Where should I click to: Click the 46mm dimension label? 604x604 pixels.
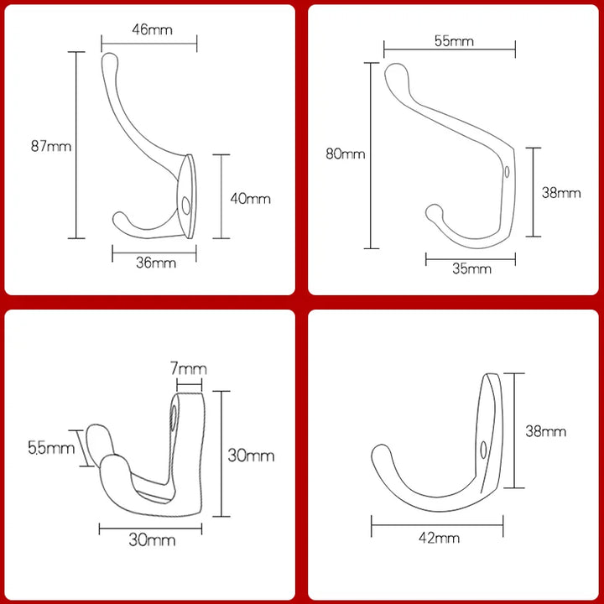pos(152,29)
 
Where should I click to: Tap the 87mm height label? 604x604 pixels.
pos(50,146)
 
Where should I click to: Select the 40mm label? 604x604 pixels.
pos(251,199)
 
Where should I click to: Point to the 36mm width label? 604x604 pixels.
pos(155,263)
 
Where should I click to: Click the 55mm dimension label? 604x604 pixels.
pos(453,40)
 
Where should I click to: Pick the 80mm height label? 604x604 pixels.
pos(346,154)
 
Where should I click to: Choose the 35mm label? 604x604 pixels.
pos(471,269)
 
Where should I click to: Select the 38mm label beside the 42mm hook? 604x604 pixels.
pos(545,431)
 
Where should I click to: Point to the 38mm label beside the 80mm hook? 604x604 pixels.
pos(560,192)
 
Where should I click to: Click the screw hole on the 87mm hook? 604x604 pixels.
pos(186,204)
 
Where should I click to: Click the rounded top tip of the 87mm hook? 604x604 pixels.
pos(109,59)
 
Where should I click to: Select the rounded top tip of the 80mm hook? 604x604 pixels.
pos(393,70)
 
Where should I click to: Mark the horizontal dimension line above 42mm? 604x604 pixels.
pos(437,526)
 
